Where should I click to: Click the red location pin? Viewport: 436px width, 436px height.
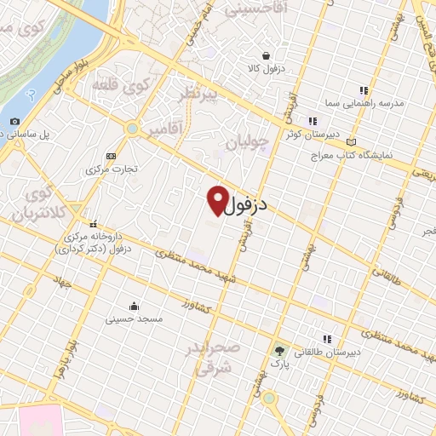(217, 199)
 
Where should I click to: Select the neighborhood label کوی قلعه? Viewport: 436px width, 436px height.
(142, 86)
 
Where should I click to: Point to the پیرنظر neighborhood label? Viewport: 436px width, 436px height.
(198, 95)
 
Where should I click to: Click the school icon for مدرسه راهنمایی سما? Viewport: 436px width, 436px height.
(364, 90)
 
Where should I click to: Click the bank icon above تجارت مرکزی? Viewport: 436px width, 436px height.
(110, 156)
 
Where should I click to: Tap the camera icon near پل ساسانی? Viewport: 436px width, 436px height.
(15, 122)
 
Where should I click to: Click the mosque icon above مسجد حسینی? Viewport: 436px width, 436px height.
(133, 306)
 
